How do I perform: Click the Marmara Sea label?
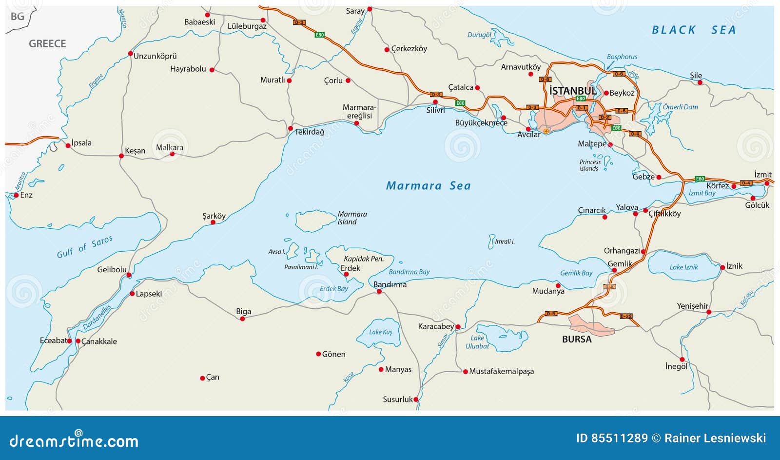coord(428,186)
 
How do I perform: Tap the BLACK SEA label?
coord(694,30)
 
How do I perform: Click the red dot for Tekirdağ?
coord(291,129)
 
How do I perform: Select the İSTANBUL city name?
coord(572,91)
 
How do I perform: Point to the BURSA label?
coord(576,340)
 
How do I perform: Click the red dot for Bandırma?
coord(379,292)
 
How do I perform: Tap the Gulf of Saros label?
coord(84,247)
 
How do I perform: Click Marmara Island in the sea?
coord(314,221)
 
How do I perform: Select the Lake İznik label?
coord(683,267)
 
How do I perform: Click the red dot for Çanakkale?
coord(78,341)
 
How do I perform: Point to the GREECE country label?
coord(47,44)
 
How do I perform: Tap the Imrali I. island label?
coord(505,241)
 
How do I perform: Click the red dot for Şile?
coord(700,82)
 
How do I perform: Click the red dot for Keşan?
coord(121,156)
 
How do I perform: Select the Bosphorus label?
coord(622,57)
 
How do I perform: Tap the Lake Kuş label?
coord(380,332)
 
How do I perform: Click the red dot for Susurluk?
coord(416,400)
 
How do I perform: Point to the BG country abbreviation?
coord(18,17)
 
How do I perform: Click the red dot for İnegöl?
coord(682,360)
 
